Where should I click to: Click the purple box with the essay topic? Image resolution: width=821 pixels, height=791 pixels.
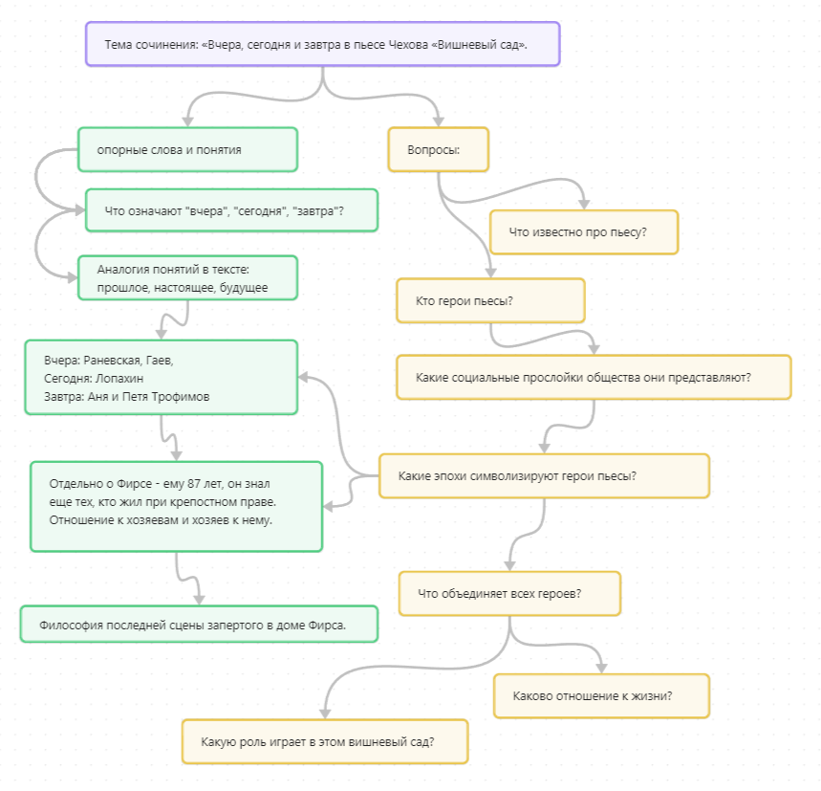322,44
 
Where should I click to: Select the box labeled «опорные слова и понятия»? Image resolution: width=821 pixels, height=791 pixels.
188,150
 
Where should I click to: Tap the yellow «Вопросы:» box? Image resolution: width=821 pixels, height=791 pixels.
439,150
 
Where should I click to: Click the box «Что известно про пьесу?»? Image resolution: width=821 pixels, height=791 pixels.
584,232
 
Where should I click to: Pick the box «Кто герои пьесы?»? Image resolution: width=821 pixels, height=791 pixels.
490,300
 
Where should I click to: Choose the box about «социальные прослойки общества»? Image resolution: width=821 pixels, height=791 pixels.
594,377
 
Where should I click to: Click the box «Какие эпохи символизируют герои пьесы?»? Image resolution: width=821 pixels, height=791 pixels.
544,475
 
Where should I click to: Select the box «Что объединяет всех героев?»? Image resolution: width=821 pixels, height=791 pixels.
509,594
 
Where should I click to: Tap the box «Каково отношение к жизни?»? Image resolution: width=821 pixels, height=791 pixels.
601,695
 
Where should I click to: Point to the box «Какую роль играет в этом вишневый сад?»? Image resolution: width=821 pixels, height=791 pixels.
325,742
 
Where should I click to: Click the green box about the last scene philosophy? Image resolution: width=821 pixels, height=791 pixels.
199,625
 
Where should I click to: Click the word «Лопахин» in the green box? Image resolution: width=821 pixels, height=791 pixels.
119,378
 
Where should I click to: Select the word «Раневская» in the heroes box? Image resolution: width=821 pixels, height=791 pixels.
112,361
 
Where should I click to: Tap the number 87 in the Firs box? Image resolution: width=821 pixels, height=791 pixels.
194,484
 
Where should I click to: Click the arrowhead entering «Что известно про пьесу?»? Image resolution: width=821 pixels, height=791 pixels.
584,205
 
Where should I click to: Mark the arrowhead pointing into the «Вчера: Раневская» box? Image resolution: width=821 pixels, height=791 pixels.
304,377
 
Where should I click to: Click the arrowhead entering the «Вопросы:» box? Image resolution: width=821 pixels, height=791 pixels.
439,121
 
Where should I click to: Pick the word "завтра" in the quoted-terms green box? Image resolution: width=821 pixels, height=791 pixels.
315,211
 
